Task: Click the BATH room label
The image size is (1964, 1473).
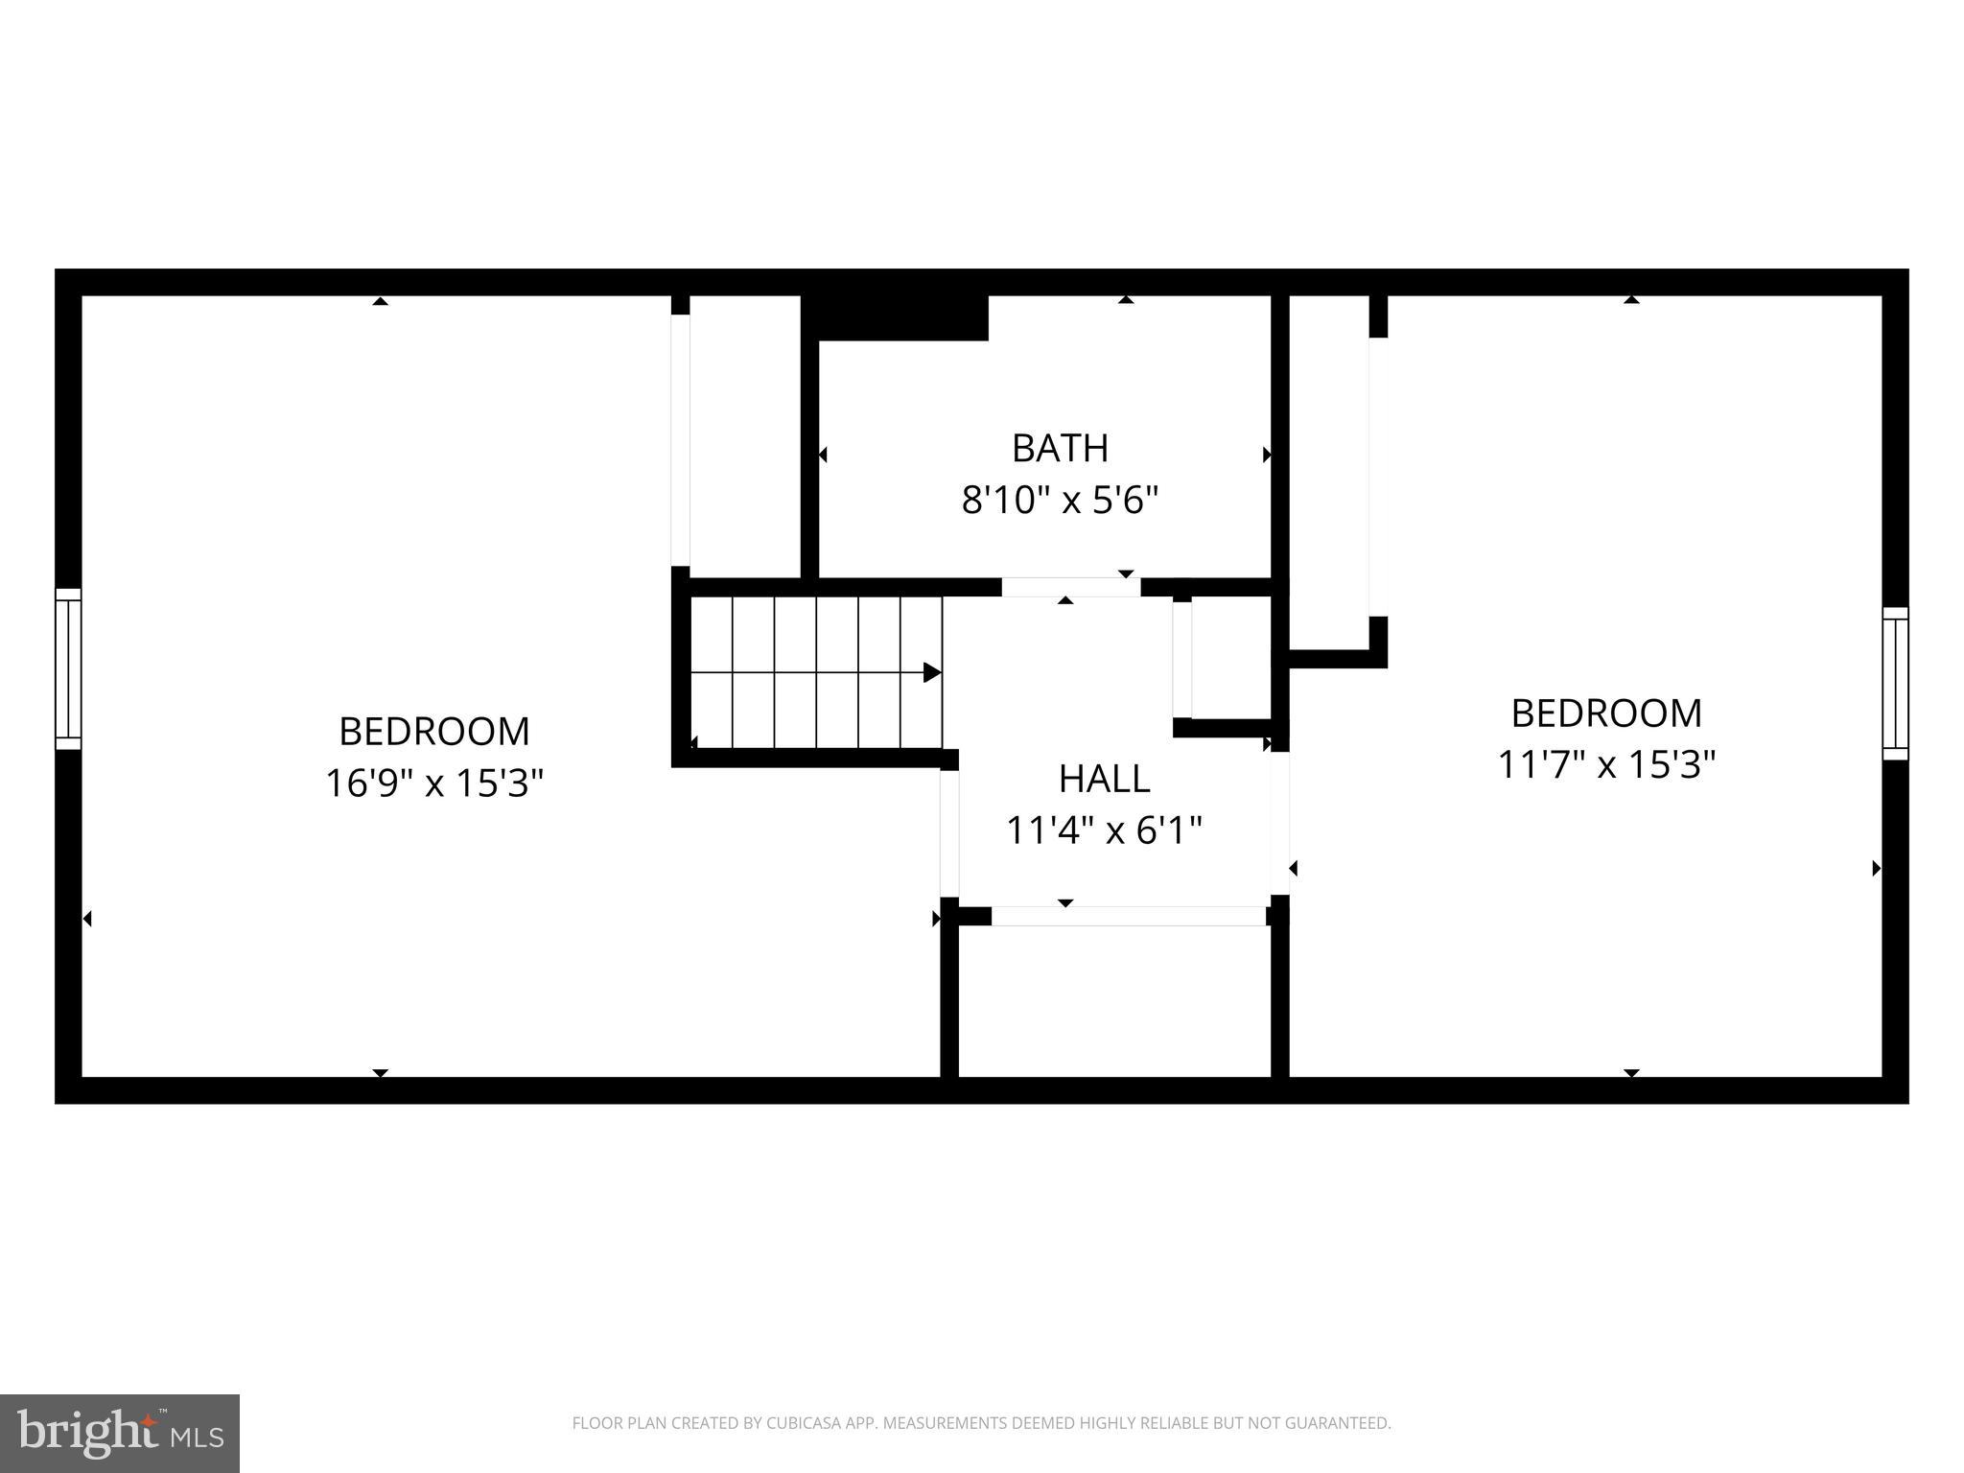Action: (x=1060, y=448)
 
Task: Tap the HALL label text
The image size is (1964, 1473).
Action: (x=1104, y=779)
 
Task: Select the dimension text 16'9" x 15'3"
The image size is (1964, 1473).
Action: (x=434, y=783)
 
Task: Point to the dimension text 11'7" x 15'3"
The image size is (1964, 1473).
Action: (x=1606, y=765)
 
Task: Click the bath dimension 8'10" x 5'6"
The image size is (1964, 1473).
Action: (x=1060, y=500)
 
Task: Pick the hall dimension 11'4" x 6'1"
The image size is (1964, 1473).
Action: (x=1104, y=830)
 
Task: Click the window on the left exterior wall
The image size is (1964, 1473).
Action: (x=68, y=668)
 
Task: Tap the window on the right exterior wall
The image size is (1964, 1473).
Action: (x=1895, y=684)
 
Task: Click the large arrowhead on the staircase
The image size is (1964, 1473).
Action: (x=931, y=672)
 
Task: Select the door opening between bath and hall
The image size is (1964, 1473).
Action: (x=1070, y=587)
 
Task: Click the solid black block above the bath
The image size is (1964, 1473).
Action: (x=895, y=317)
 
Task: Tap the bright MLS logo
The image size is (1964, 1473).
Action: (x=119, y=1433)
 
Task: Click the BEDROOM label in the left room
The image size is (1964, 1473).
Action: (x=434, y=732)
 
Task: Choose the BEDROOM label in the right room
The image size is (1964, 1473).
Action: (x=1606, y=713)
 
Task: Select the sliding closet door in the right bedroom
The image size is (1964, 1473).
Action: (x=1378, y=477)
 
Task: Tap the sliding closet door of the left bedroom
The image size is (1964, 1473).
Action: (x=680, y=440)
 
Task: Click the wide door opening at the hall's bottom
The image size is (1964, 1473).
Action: (x=1128, y=916)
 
